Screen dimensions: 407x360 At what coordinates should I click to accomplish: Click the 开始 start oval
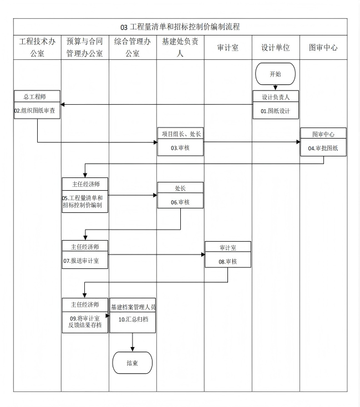click(x=275, y=74)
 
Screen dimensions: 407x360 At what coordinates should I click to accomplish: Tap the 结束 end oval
click(x=132, y=363)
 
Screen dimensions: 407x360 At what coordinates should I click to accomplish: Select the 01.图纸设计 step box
click(x=276, y=110)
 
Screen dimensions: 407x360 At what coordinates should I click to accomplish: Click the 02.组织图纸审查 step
click(x=37, y=110)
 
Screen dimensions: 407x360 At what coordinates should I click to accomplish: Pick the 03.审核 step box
click(x=180, y=147)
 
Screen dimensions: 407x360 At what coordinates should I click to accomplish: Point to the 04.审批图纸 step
click(x=323, y=148)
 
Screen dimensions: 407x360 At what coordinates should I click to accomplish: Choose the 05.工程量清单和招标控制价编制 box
click(x=85, y=202)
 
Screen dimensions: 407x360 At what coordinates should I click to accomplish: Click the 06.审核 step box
click(x=180, y=202)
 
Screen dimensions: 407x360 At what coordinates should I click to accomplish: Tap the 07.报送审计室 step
click(x=85, y=260)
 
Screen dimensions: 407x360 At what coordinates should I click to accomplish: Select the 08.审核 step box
click(x=227, y=261)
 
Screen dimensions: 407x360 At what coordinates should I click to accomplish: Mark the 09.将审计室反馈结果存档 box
click(x=85, y=322)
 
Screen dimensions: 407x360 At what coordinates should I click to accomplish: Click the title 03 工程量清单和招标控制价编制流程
click(x=180, y=27)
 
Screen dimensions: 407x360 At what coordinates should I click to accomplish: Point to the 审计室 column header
click(x=228, y=48)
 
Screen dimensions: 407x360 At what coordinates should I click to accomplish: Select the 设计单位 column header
click(x=276, y=48)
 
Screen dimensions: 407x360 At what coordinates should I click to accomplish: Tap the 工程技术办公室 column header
click(x=37, y=48)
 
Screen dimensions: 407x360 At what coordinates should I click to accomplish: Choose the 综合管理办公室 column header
click(x=133, y=48)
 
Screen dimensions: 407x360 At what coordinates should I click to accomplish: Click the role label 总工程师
click(x=37, y=96)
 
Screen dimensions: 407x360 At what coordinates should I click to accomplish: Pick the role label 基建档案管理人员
click(x=133, y=307)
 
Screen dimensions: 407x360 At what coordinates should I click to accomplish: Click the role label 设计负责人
click(x=276, y=96)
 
